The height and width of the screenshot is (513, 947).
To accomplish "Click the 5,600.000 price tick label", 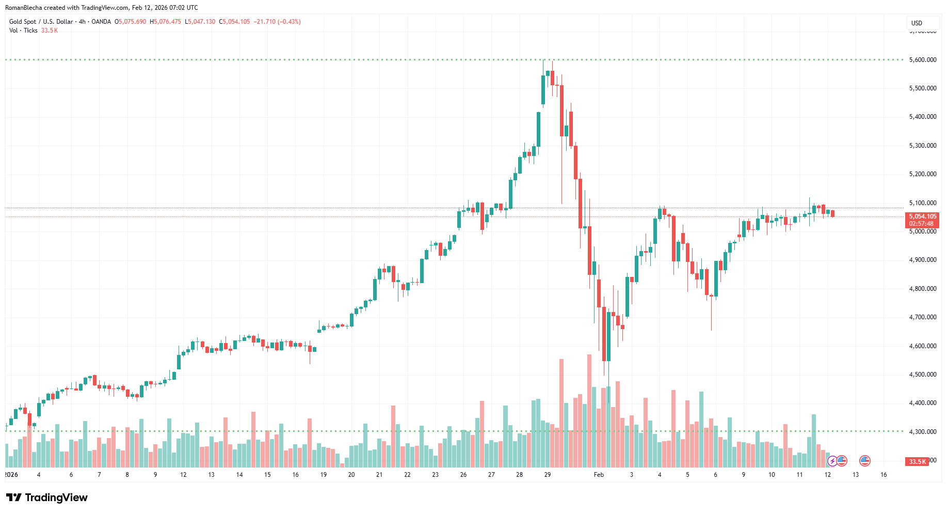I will click(923, 60).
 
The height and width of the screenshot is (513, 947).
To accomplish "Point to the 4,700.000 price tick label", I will click(923, 317).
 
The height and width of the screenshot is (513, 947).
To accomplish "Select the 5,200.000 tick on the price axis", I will click(923, 174).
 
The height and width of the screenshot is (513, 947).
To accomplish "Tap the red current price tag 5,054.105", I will click(922, 216).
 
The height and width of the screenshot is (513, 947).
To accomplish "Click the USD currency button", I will click(917, 23).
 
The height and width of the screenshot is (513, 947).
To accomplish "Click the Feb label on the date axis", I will click(599, 474).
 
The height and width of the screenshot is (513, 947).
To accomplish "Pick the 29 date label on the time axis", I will click(547, 474).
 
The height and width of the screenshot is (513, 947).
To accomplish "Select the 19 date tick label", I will click(323, 474).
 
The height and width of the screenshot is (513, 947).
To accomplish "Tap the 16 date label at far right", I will click(884, 474).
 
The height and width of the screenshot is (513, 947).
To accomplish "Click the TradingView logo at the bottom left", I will click(47, 498).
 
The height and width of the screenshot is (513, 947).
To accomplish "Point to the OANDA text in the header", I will click(101, 22).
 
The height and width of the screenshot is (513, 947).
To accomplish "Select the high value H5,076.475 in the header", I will click(165, 22).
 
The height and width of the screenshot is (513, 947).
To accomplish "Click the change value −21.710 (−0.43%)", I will click(277, 22).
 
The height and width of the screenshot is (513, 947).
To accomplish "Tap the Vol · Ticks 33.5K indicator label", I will click(34, 30).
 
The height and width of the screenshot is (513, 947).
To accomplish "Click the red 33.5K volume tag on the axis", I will click(917, 461).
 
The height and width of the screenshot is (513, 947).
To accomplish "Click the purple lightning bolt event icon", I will click(832, 461).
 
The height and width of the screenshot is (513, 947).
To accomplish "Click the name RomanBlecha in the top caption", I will click(23, 8).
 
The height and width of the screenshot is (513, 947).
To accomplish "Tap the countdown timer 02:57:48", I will click(922, 224).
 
